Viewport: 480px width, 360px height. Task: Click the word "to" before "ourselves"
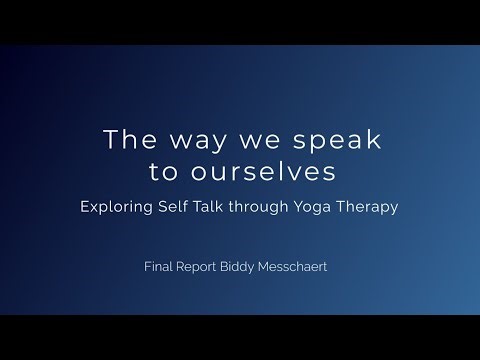162,172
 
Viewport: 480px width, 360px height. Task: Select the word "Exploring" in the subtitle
122,208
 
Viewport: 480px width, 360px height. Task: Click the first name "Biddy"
247,269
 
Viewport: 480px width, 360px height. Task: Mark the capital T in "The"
109,140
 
